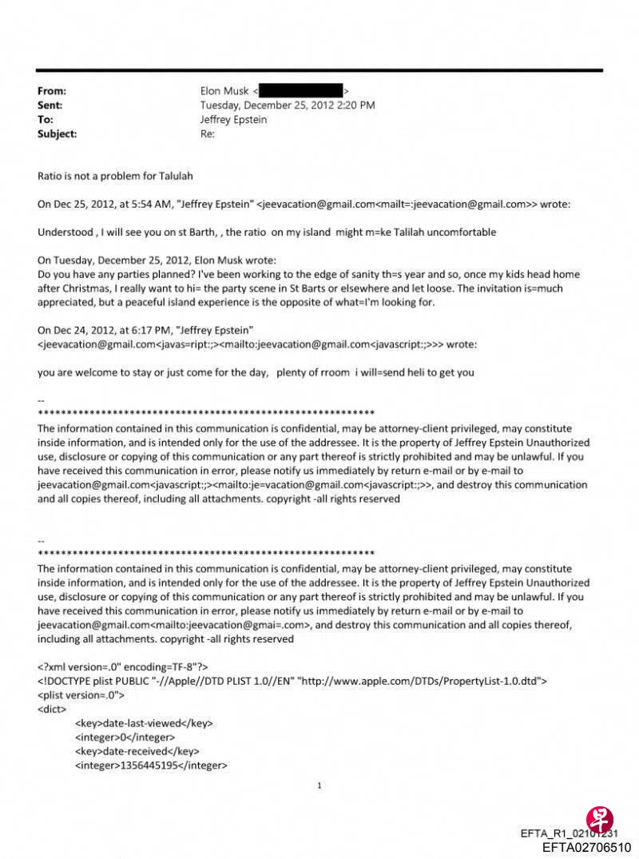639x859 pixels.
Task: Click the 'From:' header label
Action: tap(52, 91)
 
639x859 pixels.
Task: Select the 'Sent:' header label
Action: tap(50, 105)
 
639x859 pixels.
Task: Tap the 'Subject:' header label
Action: tap(58, 134)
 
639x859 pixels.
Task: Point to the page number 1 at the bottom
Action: tap(319, 786)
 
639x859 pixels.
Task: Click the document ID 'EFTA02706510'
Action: tap(586, 847)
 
